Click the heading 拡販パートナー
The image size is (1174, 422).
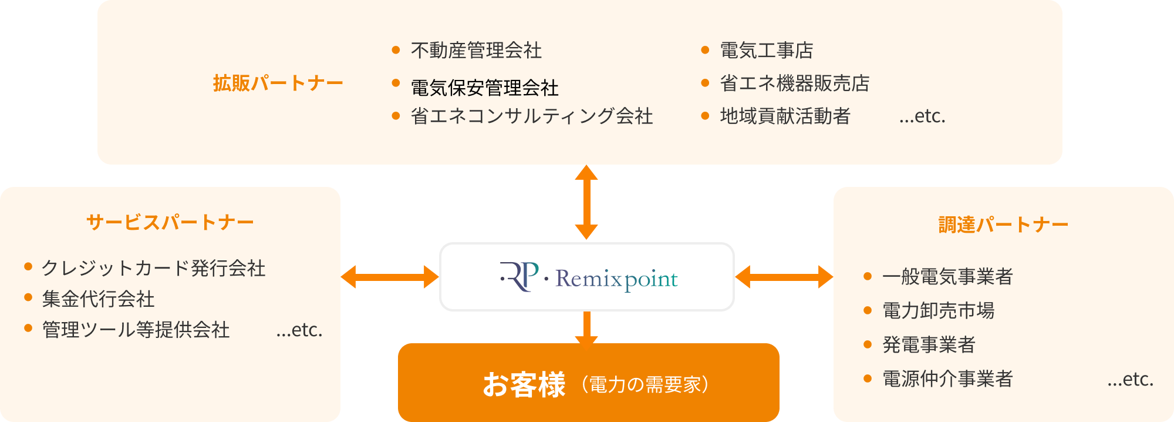(278, 83)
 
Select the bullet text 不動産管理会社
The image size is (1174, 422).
(476, 51)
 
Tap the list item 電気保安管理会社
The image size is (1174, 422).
(484, 88)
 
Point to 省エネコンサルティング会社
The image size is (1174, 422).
(531, 116)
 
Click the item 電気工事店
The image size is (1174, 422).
(766, 51)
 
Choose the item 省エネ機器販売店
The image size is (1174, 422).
(794, 83)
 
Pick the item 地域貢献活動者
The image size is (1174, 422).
(785, 116)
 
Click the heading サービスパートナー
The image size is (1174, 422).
(170, 222)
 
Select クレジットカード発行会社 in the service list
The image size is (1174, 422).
(153, 269)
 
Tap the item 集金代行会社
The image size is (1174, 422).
(98, 299)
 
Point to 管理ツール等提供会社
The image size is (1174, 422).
(136, 330)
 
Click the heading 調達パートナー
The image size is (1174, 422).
(1003, 225)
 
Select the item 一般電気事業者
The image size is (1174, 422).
(947, 276)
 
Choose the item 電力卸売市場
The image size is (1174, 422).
(938, 310)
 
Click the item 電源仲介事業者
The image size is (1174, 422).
(947, 379)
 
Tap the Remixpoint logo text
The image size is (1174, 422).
(616, 279)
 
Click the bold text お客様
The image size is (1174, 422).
(524, 385)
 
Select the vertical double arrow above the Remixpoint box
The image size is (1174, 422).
(586, 202)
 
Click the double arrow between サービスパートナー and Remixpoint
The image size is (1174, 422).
(390, 277)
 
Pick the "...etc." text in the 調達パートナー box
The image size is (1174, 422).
(1130, 380)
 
